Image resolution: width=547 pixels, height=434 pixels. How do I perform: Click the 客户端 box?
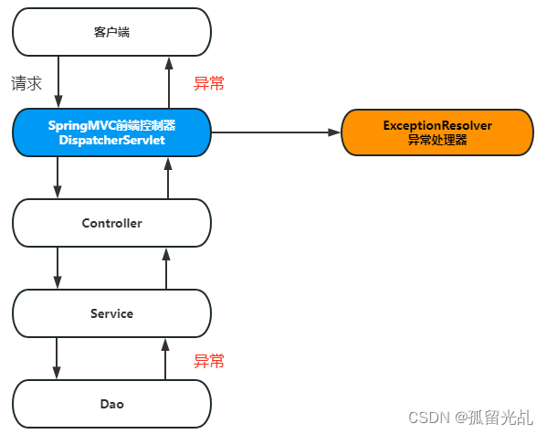pyautogui.click(x=111, y=32)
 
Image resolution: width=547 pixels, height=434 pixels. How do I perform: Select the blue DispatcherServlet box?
pyautogui.click(x=111, y=132)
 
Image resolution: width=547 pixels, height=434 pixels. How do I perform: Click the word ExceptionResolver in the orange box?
pyautogui.click(x=437, y=125)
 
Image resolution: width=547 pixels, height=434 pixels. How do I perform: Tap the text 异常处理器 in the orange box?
pyautogui.click(x=437, y=141)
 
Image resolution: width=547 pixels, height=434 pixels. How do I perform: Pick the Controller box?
pyautogui.click(x=111, y=222)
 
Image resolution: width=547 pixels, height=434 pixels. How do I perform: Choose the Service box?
pyautogui.click(x=111, y=313)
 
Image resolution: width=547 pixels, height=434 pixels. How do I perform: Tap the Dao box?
pyautogui.click(x=111, y=403)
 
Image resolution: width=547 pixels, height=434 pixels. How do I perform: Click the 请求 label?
pyautogui.click(x=26, y=83)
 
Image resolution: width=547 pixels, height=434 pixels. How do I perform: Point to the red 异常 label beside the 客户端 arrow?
pyautogui.click(x=208, y=83)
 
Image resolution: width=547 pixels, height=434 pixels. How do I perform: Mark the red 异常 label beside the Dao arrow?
pyautogui.click(x=208, y=360)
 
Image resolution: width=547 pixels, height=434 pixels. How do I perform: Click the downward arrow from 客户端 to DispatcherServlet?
pyautogui.click(x=58, y=81)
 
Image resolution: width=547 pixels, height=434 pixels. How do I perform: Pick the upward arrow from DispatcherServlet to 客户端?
pyautogui.click(x=167, y=81)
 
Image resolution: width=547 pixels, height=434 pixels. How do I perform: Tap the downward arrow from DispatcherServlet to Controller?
pyautogui.click(x=58, y=177)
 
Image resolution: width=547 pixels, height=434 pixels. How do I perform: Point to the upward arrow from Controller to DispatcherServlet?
pyautogui.click(x=167, y=177)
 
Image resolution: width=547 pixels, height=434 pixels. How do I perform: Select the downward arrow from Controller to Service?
pyautogui.click(x=58, y=268)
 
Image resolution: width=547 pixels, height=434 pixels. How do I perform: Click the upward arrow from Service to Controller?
pyautogui.click(x=167, y=268)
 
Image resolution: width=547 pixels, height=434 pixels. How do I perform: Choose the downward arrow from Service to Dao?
pyautogui.click(x=58, y=358)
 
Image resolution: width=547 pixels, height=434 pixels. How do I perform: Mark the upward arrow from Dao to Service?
pyautogui.click(x=167, y=358)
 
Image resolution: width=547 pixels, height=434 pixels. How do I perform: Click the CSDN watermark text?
pyautogui.click(x=469, y=417)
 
